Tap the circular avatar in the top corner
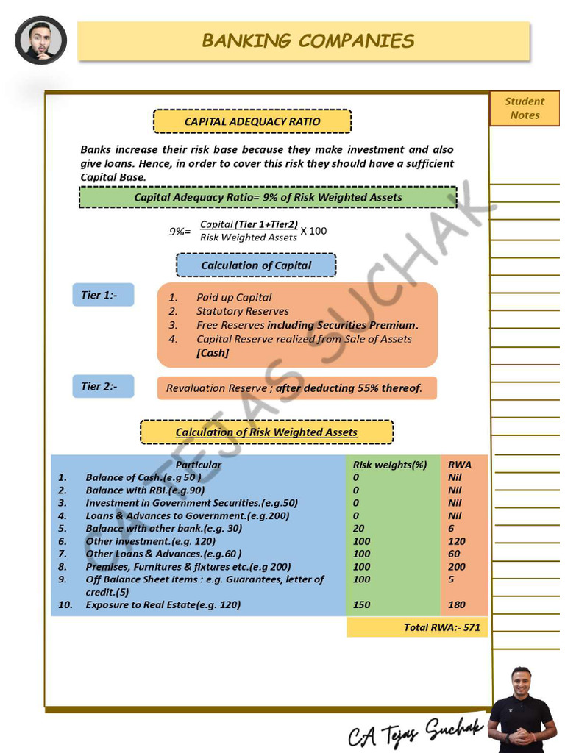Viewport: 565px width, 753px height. (41, 40)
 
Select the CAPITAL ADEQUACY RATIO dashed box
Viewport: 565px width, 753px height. (252, 121)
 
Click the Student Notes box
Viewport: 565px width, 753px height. (525, 108)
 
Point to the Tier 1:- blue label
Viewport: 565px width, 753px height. (103, 295)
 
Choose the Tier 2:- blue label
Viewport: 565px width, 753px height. (103, 386)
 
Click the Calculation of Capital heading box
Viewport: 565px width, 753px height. (256, 265)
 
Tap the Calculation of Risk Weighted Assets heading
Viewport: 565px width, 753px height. (266, 432)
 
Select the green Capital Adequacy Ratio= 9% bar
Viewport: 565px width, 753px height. (268, 197)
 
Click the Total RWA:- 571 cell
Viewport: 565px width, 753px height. (417, 627)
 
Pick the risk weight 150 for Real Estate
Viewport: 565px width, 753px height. (361, 605)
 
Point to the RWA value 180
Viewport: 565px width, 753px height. (457, 605)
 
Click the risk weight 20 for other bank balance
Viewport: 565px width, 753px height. (358, 529)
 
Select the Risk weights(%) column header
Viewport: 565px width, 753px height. (390, 465)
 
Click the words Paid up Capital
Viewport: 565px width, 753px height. (234, 298)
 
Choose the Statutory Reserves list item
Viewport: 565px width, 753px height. (243, 312)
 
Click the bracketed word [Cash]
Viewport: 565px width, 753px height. (213, 353)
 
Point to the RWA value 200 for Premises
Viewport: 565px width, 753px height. (457, 567)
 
